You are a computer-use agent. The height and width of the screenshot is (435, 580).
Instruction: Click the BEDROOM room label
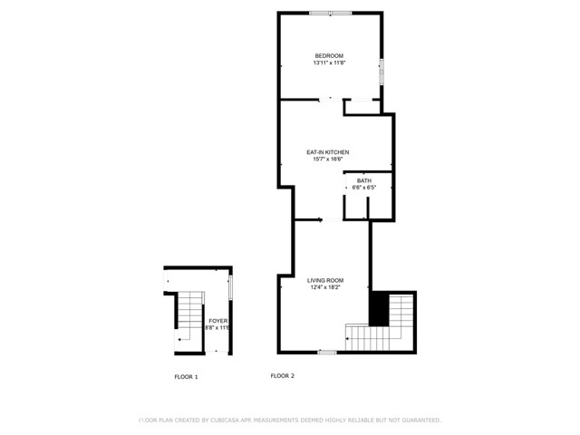coord(329,56)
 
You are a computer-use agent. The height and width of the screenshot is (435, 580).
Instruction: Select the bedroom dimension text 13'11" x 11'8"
coord(329,63)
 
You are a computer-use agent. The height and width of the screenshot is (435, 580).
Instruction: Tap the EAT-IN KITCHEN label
coord(327,152)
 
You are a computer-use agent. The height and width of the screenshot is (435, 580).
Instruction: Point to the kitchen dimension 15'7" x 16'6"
coord(327,159)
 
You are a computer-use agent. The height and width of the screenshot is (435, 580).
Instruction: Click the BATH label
coord(363,180)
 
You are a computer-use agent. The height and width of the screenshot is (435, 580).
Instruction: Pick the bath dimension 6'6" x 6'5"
coord(363,188)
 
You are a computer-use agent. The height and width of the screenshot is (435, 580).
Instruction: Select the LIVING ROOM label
coord(325,281)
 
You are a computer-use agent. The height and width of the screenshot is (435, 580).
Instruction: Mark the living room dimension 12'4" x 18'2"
coord(325,288)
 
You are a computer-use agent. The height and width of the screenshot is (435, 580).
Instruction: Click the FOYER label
coord(217,321)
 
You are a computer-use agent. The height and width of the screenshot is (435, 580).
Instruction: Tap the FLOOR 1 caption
coord(186,376)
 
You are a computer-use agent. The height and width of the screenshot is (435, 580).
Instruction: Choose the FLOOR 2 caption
coord(282,376)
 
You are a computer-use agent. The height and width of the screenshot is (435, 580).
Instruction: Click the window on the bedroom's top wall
coord(330,13)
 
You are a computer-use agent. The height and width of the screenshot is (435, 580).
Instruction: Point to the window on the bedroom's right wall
coord(382,69)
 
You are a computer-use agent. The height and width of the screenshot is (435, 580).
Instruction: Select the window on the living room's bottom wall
coord(327,352)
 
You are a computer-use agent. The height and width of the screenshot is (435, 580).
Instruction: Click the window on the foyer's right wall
coord(231,286)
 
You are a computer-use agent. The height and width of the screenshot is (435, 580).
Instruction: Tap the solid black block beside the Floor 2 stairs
coord(379,309)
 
